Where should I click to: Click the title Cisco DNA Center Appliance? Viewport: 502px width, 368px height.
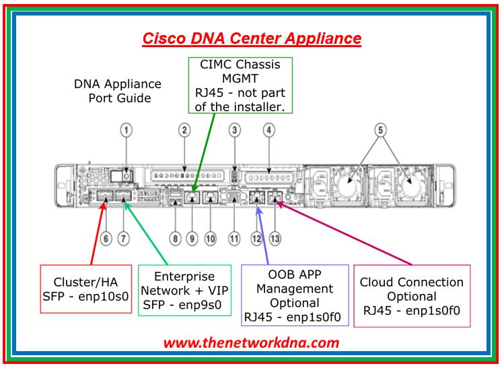251,38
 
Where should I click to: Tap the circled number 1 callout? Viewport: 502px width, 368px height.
127,129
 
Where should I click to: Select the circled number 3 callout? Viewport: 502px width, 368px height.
234,129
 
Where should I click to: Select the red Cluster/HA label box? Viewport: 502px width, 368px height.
85,288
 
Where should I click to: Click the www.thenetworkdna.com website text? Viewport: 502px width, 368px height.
251,342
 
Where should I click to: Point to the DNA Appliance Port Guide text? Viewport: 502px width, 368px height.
118,91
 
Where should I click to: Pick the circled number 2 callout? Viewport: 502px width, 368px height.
184,129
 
